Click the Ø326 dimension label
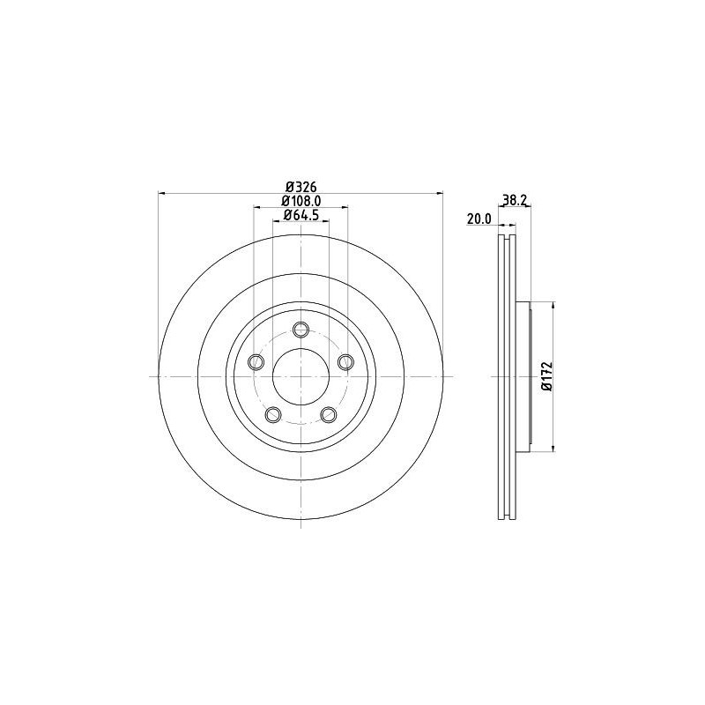pyautogui.click(x=300, y=186)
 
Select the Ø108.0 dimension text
pyautogui.click(x=300, y=201)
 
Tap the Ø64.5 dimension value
pyautogui.click(x=300, y=216)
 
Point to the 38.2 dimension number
pyautogui.click(x=514, y=201)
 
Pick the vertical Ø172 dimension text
pyautogui.click(x=546, y=376)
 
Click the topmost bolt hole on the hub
pyautogui.click(x=301, y=330)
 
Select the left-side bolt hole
pyautogui.click(x=256, y=362)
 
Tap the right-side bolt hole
pyautogui.click(x=345, y=361)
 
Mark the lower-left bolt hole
pyautogui.click(x=273, y=413)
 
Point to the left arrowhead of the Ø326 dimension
pyautogui.click(x=161, y=193)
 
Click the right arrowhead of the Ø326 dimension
pyautogui.click(x=439, y=193)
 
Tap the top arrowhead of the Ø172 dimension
pyautogui.click(x=553, y=305)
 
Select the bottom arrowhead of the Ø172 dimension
pyautogui.click(x=553, y=448)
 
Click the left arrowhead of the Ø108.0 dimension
pyautogui.click(x=257, y=208)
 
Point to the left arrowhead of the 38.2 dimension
pyautogui.click(x=501, y=208)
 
